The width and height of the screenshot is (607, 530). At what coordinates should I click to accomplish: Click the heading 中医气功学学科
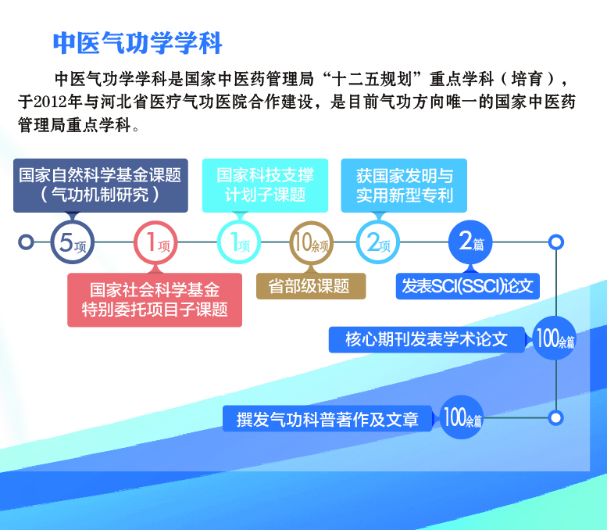pyautogui.click(x=138, y=42)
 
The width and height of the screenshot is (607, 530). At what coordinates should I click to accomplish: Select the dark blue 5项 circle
pyautogui.click(x=70, y=242)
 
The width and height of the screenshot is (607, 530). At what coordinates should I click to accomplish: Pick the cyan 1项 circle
pyautogui.click(x=238, y=242)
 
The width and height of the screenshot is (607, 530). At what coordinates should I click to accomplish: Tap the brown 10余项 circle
pyautogui.click(x=311, y=242)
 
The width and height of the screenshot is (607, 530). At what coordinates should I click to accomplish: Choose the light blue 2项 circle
pyautogui.click(x=377, y=242)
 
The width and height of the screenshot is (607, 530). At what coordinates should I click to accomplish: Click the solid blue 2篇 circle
pyautogui.click(x=470, y=242)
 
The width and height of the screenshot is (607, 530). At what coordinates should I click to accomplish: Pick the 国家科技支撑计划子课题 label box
pyautogui.click(x=265, y=184)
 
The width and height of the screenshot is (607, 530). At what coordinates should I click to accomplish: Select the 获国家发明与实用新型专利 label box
pyautogui.click(x=404, y=184)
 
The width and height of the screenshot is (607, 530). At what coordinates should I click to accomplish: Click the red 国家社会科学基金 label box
pyautogui.click(x=155, y=299)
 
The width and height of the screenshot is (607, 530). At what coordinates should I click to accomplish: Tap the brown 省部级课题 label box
pyautogui.click(x=311, y=286)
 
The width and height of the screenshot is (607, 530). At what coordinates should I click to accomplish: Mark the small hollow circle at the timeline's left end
pyautogui.click(x=26, y=242)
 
